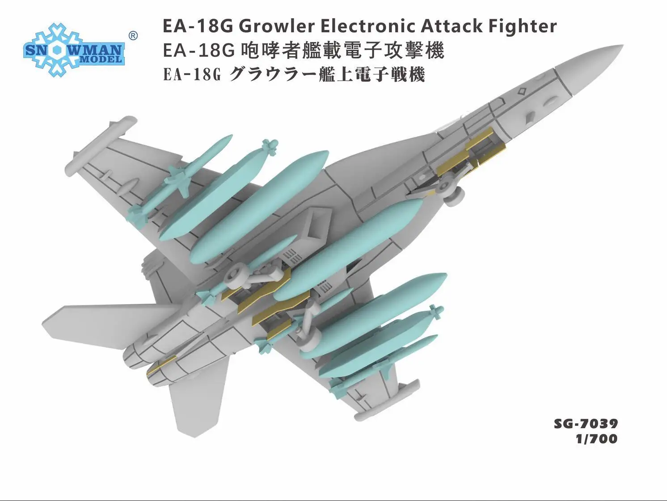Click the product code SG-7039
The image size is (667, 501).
(586, 424)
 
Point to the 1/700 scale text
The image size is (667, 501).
(597, 439)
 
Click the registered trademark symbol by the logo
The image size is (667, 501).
(133, 36)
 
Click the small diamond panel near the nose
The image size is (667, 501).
(522, 91)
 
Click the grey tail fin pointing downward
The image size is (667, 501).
(198, 401)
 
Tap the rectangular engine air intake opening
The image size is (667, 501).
(316, 225)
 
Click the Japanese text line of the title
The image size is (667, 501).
(294, 75)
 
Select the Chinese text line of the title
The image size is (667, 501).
(304, 50)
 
